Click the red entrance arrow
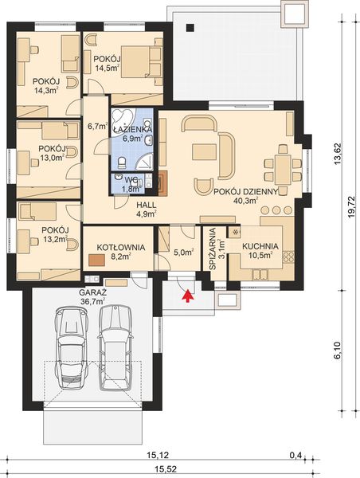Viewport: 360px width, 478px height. [x=187, y=297]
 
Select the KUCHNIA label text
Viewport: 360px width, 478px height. [x=262, y=247]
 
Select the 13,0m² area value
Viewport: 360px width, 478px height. [x=51, y=157]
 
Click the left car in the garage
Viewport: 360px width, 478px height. [x=69, y=350]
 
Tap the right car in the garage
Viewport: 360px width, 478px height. [x=115, y=350]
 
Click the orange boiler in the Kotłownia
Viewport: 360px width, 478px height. [x=96, y=260]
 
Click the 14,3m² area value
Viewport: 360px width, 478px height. [x=45, y=91]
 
